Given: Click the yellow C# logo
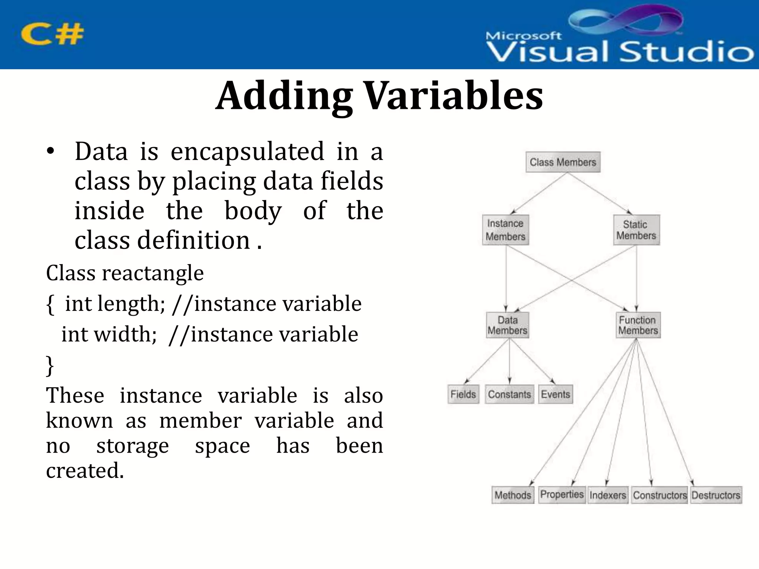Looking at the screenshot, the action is tap(52, 34).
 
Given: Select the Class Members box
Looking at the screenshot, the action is tap(563, 162).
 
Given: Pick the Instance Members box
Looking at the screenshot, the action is tap(506, 230).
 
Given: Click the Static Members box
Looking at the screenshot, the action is tap(636, 230).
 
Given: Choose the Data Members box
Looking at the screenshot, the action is tap(507, 325).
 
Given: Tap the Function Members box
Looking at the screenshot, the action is tap(637, 325).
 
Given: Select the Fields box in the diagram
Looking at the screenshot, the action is tap(463, 394).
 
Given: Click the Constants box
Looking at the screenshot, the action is tap(509, 394).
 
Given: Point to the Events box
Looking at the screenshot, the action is tap(555, 394).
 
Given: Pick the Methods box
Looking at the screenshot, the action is tap(513, 495).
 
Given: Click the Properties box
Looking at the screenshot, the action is tap(562, 495).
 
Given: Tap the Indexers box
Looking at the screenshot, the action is tap(608, 495).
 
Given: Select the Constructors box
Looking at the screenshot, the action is tap(660, 495).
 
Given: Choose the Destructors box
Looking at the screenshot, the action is tap(716, 495).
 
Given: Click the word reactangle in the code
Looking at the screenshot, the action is tap(153, 273).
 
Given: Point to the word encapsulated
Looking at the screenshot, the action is tap(247, 152).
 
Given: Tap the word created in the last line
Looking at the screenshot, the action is tap(84, 470).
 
